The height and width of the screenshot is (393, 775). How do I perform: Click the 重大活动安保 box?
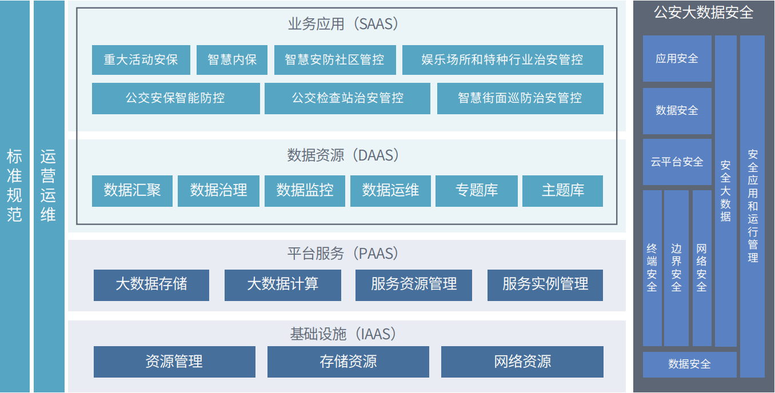(141, 60)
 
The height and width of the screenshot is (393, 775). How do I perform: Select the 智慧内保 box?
(231, 60)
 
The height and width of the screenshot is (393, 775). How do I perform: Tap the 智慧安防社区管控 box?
(334, 60)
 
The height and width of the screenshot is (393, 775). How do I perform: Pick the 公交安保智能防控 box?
(175, 98)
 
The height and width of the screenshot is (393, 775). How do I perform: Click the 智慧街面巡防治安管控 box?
(520, 98)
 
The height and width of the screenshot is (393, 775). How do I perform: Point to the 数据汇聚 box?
(132, 190)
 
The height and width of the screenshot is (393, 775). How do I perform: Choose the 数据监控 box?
(305, 190)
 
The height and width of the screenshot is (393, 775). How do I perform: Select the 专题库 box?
(476, 190)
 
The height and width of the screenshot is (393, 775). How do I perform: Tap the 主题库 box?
(562, 190)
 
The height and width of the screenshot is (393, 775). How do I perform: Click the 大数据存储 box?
(151, 284)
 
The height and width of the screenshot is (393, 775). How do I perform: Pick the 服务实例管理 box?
(545, 284)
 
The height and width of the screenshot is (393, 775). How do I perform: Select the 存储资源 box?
(348, 362)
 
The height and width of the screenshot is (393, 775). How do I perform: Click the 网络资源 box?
(522, 362)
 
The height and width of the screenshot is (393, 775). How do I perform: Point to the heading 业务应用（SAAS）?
(343, 24)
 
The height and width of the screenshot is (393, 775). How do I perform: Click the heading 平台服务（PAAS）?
(343, 253)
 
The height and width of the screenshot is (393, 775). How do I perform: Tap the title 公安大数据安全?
(704, 13)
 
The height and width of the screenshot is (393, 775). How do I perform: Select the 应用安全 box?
(677, 58)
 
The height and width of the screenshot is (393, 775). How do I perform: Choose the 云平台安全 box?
(677, 162)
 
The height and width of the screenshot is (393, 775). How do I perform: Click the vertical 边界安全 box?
(676, 268)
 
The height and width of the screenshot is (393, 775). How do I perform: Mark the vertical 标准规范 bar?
(14, 186)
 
